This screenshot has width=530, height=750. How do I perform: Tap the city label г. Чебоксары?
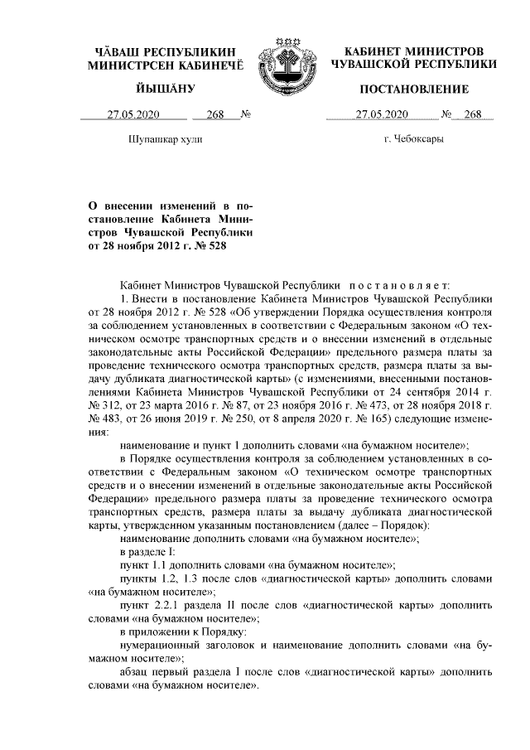[x=414, y=139]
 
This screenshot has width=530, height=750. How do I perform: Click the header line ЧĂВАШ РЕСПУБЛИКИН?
[x=166, y=51]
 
